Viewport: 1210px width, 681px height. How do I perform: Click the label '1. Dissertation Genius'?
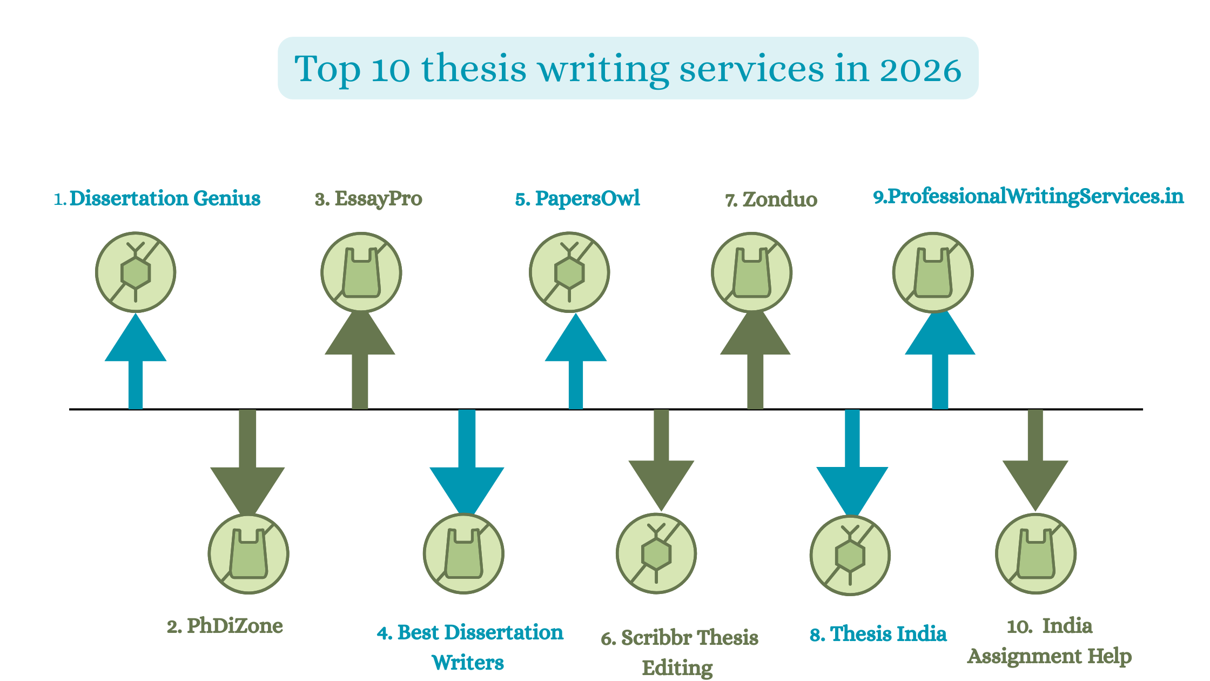click(x=157, y=198)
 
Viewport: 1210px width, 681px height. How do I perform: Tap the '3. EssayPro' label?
click(x=368, y=199)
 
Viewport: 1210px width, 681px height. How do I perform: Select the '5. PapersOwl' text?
click(x=577, y=199)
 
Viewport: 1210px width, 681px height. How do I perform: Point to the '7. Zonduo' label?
click(x=771, y=199)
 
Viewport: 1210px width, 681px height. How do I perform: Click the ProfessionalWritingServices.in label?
click(x=1028, y=196)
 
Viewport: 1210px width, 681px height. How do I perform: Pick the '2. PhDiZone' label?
click(x=225, y=626)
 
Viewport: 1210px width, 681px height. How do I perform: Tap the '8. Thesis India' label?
click(x=878, y=634)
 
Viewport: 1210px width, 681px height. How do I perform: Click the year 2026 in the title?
click(x=920, y=70)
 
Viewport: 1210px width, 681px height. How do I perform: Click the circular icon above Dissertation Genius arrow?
click(x=136, y=272)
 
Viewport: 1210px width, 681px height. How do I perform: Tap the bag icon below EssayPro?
click(x=361, y=272)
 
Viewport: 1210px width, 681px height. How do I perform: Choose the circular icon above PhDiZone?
click(x=248, y=554)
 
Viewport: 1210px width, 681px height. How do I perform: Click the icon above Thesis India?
click(x=850, y=555)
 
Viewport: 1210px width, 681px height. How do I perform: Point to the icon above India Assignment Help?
click(x=1036, y=554)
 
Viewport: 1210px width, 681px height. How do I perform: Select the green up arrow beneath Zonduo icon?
click(x=755, y=359)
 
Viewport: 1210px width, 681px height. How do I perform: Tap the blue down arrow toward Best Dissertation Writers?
click(x=467, y=463)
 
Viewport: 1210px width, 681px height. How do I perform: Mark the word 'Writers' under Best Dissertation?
click(x=468, y=663)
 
